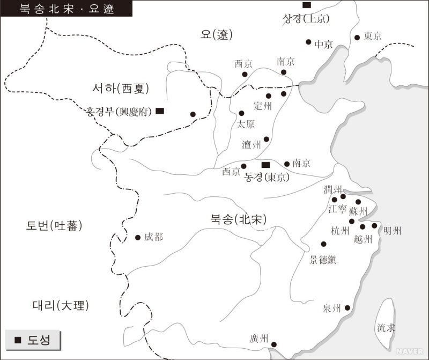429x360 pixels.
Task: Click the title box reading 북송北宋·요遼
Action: coord(67,9)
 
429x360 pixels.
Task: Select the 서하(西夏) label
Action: coord(121,88)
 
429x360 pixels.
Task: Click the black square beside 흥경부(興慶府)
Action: coord(160,111)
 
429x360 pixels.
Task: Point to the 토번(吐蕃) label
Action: coord(55,226)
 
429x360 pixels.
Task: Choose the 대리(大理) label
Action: coord(61,306)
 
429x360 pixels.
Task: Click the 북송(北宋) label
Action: coord(239,219)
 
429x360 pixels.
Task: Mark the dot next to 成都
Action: coord(138,237)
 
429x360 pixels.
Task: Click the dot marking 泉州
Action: coord(347,308)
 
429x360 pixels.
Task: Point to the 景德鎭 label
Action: coord(323,260)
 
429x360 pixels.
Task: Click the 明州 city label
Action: coord(392,231)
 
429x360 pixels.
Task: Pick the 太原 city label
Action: coord(246,124)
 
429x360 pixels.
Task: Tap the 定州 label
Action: coord(263,106)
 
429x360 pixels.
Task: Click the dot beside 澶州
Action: coord(266,139)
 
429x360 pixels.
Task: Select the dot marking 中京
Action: coord(308,42)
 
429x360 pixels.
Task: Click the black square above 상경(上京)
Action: coord(306,5)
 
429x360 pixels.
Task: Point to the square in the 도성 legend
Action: coord(18,340)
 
